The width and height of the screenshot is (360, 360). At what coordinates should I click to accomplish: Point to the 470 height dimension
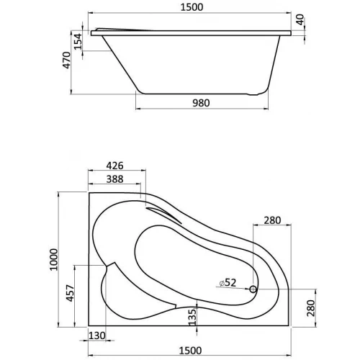[x=66, y=60]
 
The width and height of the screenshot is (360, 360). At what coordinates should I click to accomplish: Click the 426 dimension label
[x=114, y=165]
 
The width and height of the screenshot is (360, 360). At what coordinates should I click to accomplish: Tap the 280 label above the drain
[x=272, y=220]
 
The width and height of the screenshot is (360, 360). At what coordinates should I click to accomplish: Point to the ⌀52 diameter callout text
[x=228, y=283]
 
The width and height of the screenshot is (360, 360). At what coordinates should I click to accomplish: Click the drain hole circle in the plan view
[x=253, y=289]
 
